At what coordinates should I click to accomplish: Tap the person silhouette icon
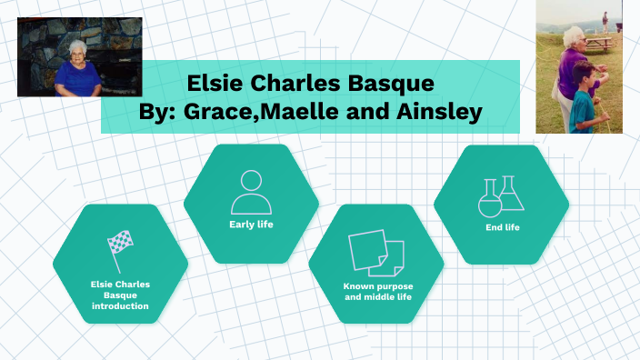251,190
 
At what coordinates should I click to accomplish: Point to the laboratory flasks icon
501,195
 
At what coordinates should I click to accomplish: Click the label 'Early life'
251,224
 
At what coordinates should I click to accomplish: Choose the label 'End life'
502,226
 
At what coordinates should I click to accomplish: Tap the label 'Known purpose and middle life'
375,291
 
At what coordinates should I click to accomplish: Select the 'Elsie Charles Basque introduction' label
120,295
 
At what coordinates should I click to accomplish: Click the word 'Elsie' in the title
216,84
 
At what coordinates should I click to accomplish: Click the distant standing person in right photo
605,20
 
